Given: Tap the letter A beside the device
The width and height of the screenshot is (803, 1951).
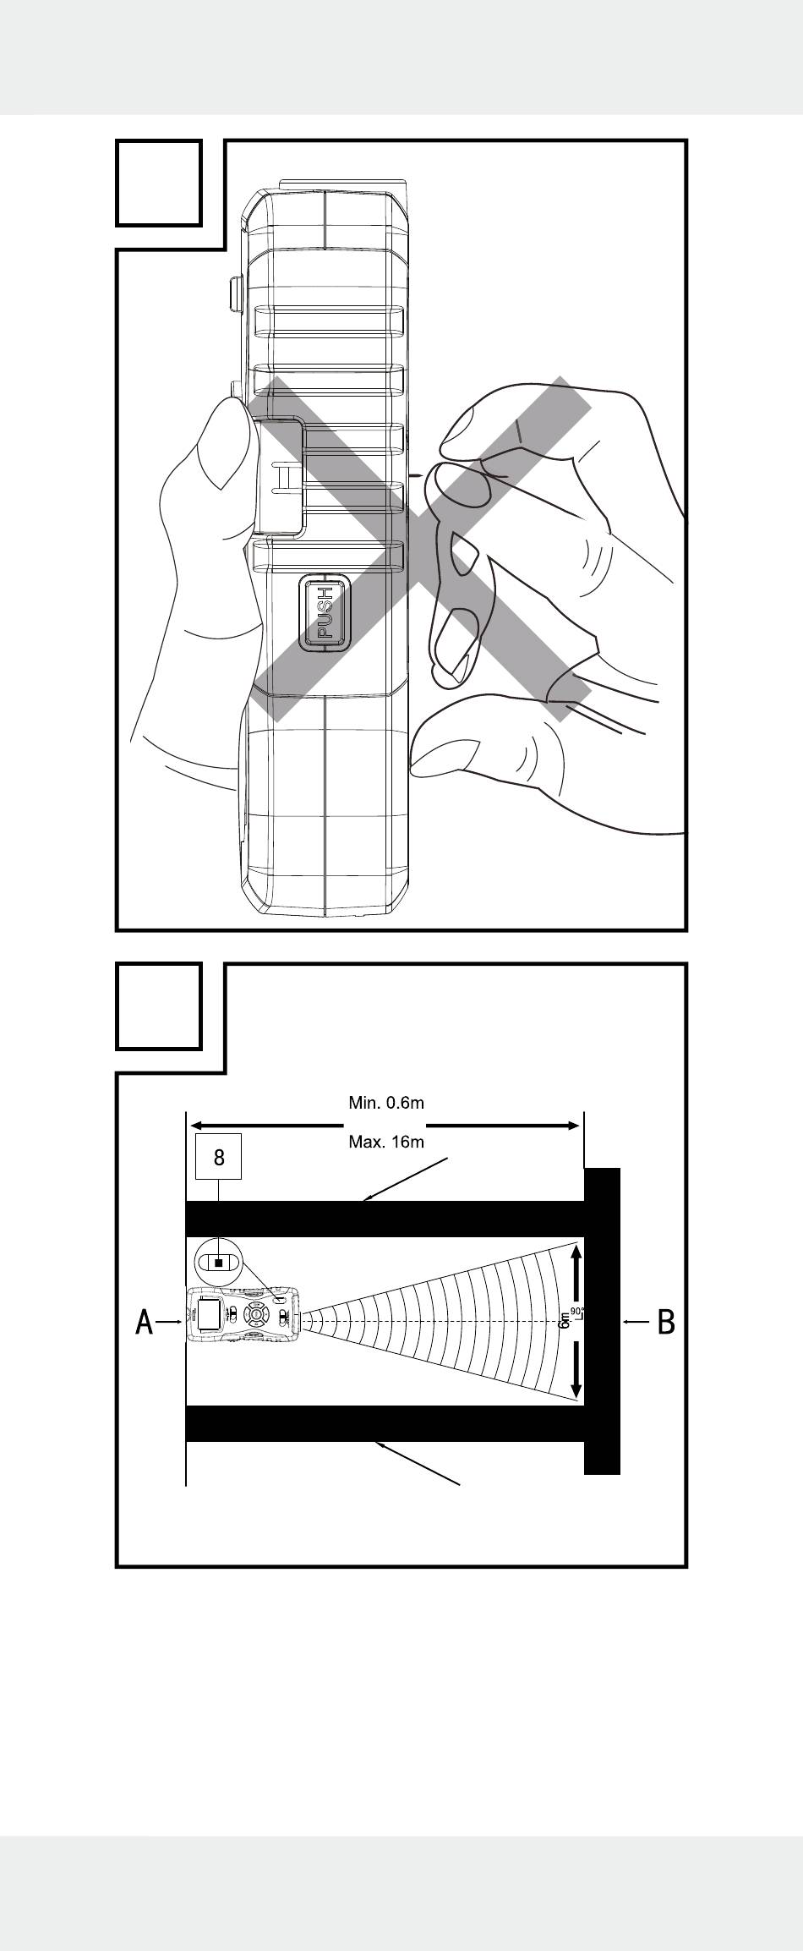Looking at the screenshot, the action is pyautogui.click(x=145, y=1321).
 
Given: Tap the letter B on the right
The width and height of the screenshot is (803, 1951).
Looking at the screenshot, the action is pyautogui.click(x=666, y=1321).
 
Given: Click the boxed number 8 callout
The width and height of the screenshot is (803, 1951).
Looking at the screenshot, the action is pyautogui.click(x=219, y=1157).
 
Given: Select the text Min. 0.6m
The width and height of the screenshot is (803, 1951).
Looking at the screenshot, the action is pyautogui.click(x=386, y=1102).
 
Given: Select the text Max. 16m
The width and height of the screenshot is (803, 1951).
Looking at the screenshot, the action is pyautogui.click(x=386, y=1143).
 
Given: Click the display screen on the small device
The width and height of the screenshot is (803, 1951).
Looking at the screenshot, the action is pyautogui.click(x=210, y=1314).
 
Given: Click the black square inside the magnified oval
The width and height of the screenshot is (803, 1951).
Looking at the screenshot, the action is pyautogui.click(x=219, y=1263).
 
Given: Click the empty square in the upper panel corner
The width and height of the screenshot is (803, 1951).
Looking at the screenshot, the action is pyautogui.click(x=159, y=184).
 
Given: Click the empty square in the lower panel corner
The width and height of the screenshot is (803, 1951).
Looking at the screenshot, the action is pyautogui.click(x=159, y=1006).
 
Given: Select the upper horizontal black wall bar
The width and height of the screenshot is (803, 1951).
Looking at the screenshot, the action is pyautogui.click(x=385, y=1219).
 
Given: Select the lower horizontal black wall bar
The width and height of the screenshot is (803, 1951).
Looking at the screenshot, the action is pyautogui.click(x=385, y=1423).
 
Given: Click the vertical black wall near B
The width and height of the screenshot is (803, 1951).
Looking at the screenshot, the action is pyautogui.click(x=603, y=1320).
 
